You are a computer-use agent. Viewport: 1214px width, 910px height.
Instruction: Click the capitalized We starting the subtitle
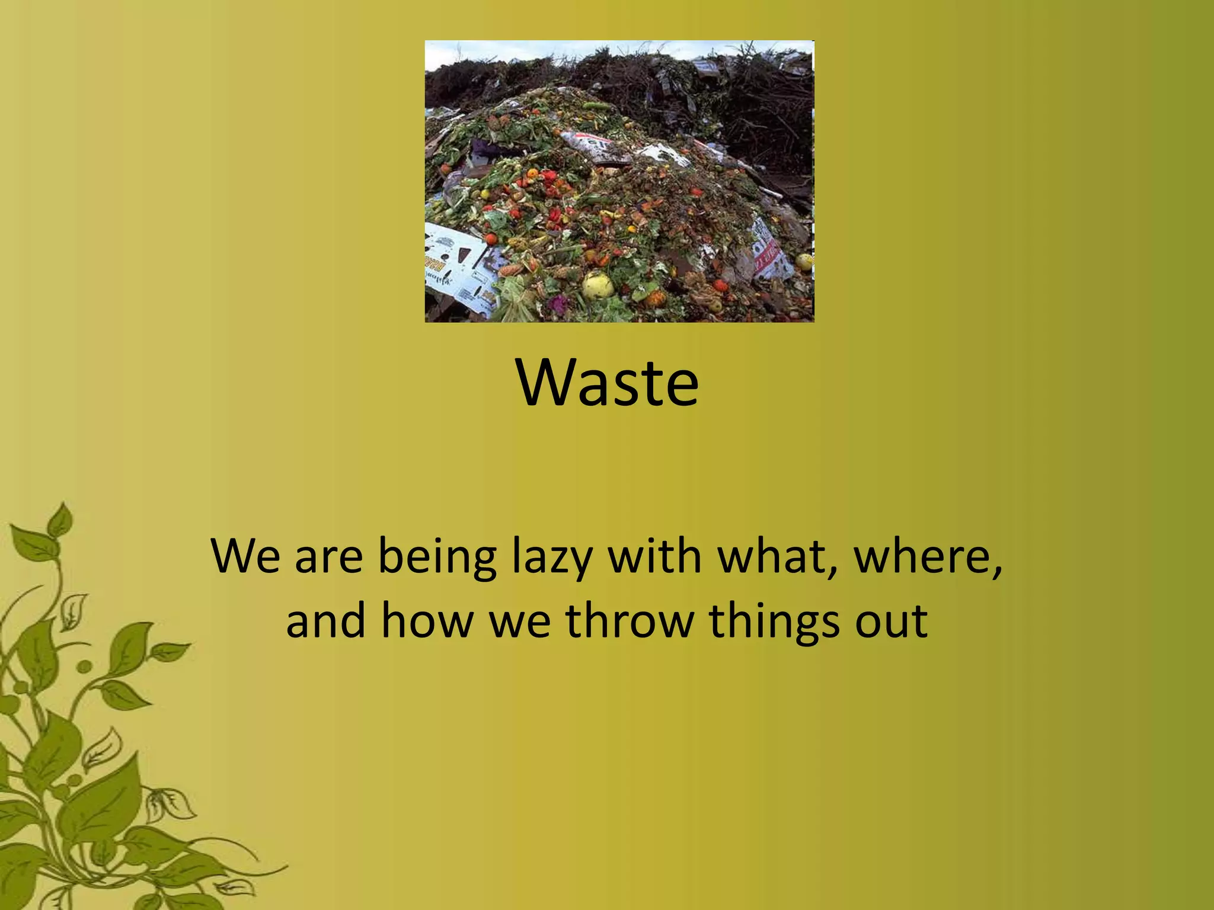[x=245, y=556]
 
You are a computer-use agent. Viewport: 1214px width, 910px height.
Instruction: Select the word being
[x=437, y=557]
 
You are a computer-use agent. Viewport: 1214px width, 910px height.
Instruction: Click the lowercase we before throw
[x=520, y=621]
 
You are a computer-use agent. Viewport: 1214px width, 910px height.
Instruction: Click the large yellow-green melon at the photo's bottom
[x=598, y=286]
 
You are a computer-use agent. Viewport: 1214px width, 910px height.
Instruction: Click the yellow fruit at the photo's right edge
[x=803, y=261]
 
